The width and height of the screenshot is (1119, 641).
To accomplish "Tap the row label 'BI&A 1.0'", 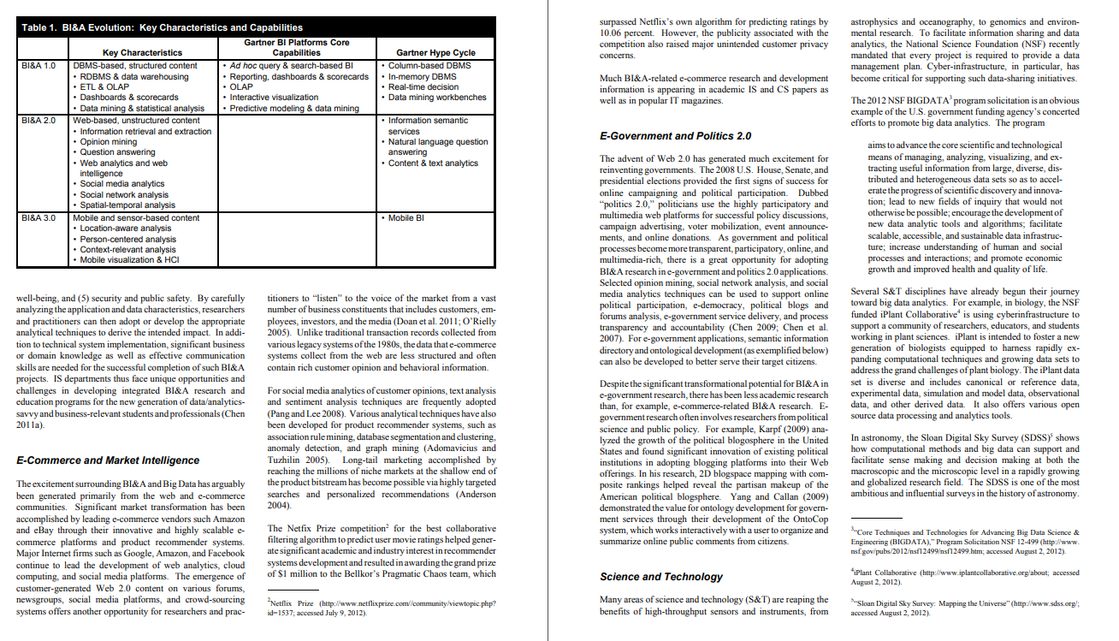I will tap(38, 65).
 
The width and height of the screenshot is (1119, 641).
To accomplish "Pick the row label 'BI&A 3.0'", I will tap(38, 218).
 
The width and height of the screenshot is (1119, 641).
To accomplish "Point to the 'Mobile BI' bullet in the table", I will tap(409, 218).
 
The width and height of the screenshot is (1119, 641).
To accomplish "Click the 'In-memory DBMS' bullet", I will tap(422, 76).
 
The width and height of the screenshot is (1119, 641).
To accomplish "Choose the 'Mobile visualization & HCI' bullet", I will tap(129, 259).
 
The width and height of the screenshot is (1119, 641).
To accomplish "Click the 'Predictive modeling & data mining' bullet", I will tap(293, 109).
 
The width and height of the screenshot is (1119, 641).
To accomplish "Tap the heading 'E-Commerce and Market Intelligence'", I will tap(108, 460).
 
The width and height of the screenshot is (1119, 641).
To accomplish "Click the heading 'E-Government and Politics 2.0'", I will tap(675, 136).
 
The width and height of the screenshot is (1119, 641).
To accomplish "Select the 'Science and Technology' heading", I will tap(661, 577).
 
